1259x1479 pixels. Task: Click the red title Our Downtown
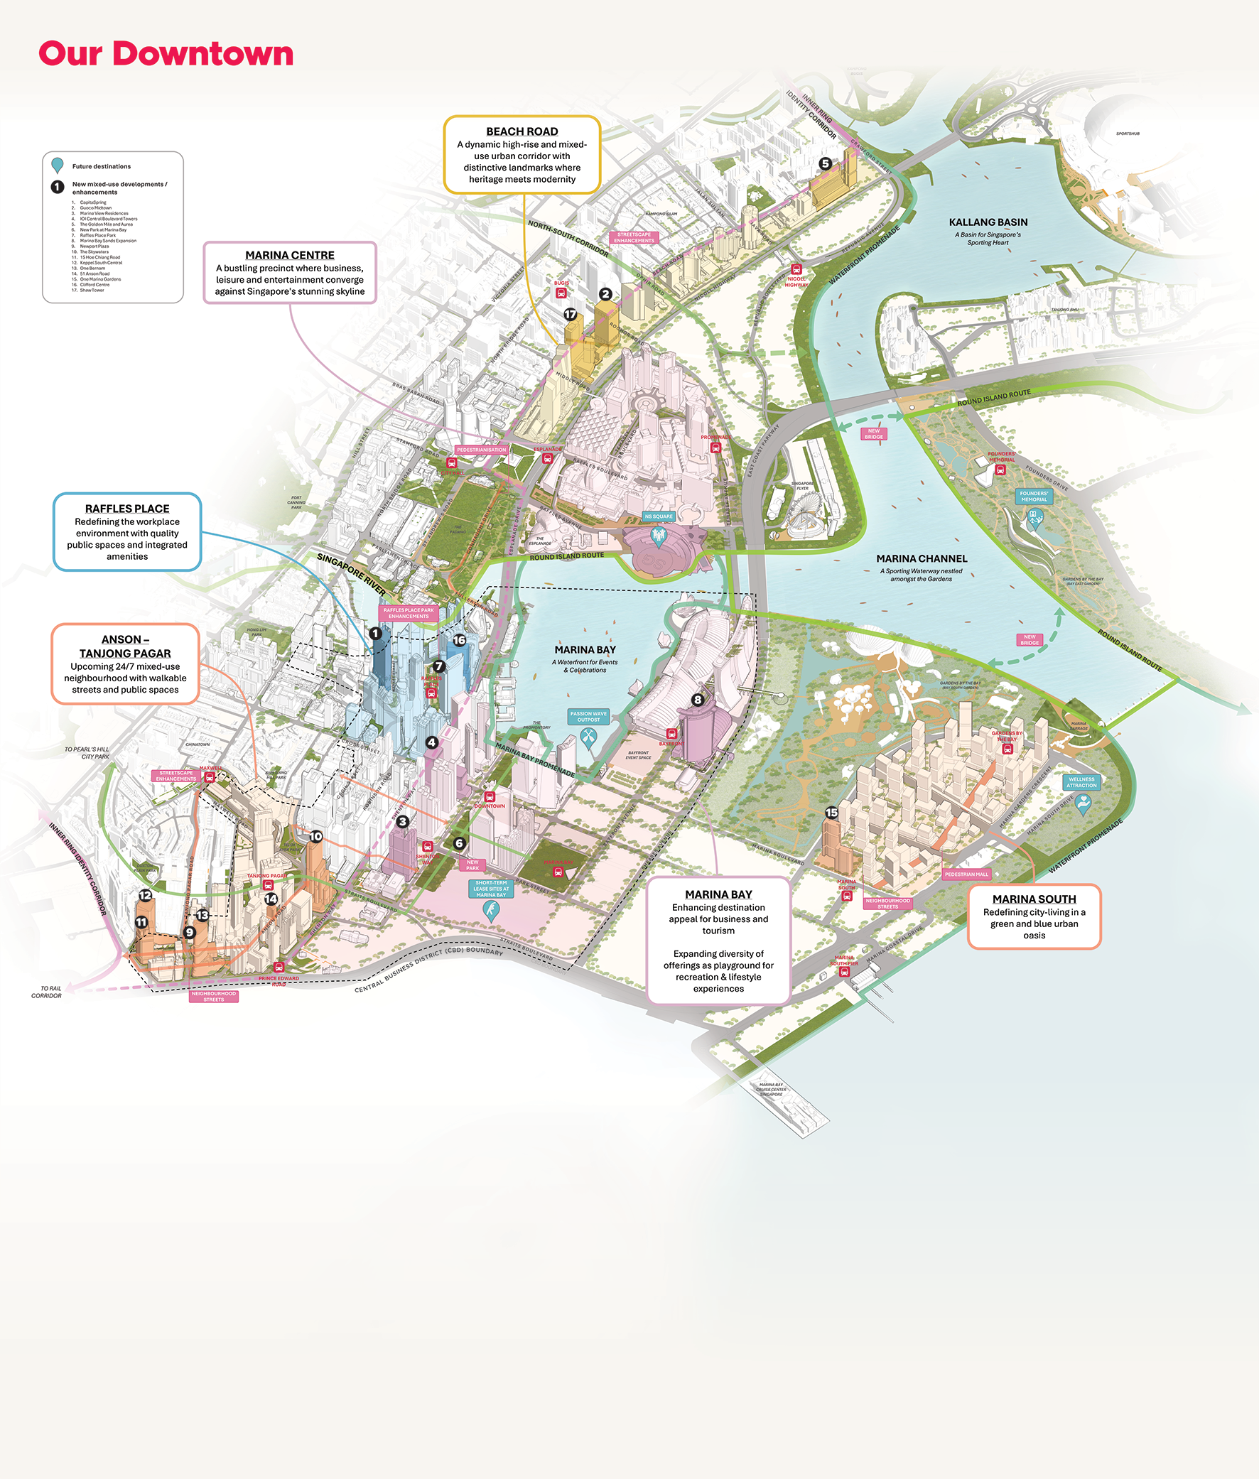(166, 54)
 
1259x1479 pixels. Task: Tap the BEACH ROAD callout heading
(522, 131)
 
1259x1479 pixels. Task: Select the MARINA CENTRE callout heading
(290, 255)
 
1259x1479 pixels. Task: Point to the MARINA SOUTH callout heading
(1034, 899)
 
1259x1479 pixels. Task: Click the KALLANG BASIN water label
(988, 222)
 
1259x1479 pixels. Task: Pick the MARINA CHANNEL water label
(922, 558)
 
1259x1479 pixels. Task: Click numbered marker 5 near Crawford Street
(825, 163)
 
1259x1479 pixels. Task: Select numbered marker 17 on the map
(570, 315)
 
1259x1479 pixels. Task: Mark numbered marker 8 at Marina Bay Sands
(698, 700)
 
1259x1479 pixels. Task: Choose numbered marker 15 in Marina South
(831, 813)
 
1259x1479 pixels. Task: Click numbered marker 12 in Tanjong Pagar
(146, 894)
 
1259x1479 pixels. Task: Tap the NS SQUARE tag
(658, 516)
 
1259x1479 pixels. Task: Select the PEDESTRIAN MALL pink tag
(966, 874)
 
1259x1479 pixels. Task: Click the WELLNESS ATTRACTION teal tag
(1081, 782)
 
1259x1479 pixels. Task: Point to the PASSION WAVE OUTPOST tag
(588, 716)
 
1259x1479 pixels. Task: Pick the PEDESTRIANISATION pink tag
(481, 450)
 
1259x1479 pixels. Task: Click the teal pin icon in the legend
(58, 166)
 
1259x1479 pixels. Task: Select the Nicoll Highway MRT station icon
(796, 270)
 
